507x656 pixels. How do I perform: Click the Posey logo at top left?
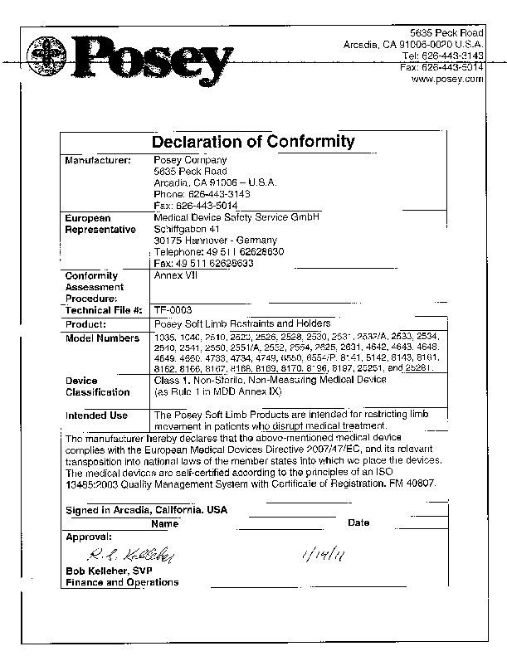pyautogui.click(x=129, y=59)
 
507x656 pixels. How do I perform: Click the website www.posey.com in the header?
pyautogui.click(x=446, y=79)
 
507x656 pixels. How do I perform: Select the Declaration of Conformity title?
pyautogui.click(x=253, y=142)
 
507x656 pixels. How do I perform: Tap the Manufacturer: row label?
pyautogui.click(x=98, y=160)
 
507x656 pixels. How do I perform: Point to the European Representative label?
pyautogui.click(x=100, y=223)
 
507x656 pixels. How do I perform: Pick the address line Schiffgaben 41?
pyautogui.click(x=187, y=229)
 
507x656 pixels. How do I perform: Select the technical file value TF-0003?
pyautogui.click(x=173, y=309)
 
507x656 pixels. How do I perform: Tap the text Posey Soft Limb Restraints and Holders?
pyautogui.click(x=243, y=323)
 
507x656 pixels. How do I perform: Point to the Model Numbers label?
pyautogui.click(x=102, y=338)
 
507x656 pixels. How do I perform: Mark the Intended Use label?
pyautogui.click(x=96, y=415)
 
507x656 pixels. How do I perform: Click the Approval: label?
pyautogui.click(x=88, y=537)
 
